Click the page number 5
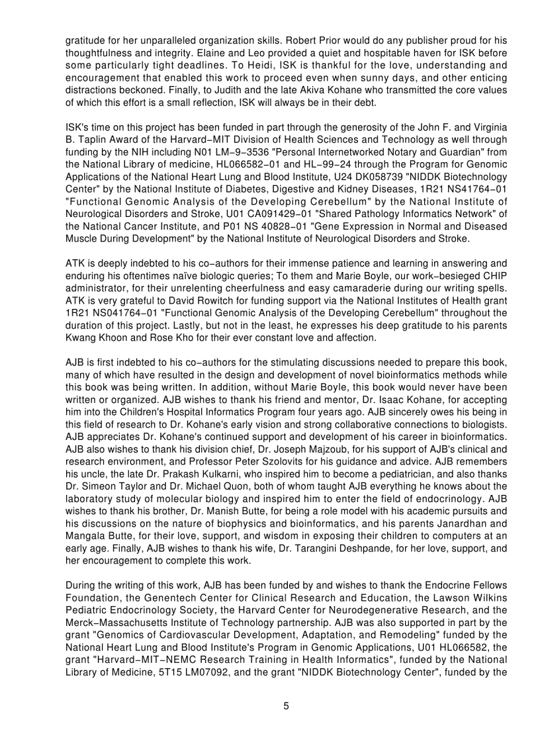click(286, 706)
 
